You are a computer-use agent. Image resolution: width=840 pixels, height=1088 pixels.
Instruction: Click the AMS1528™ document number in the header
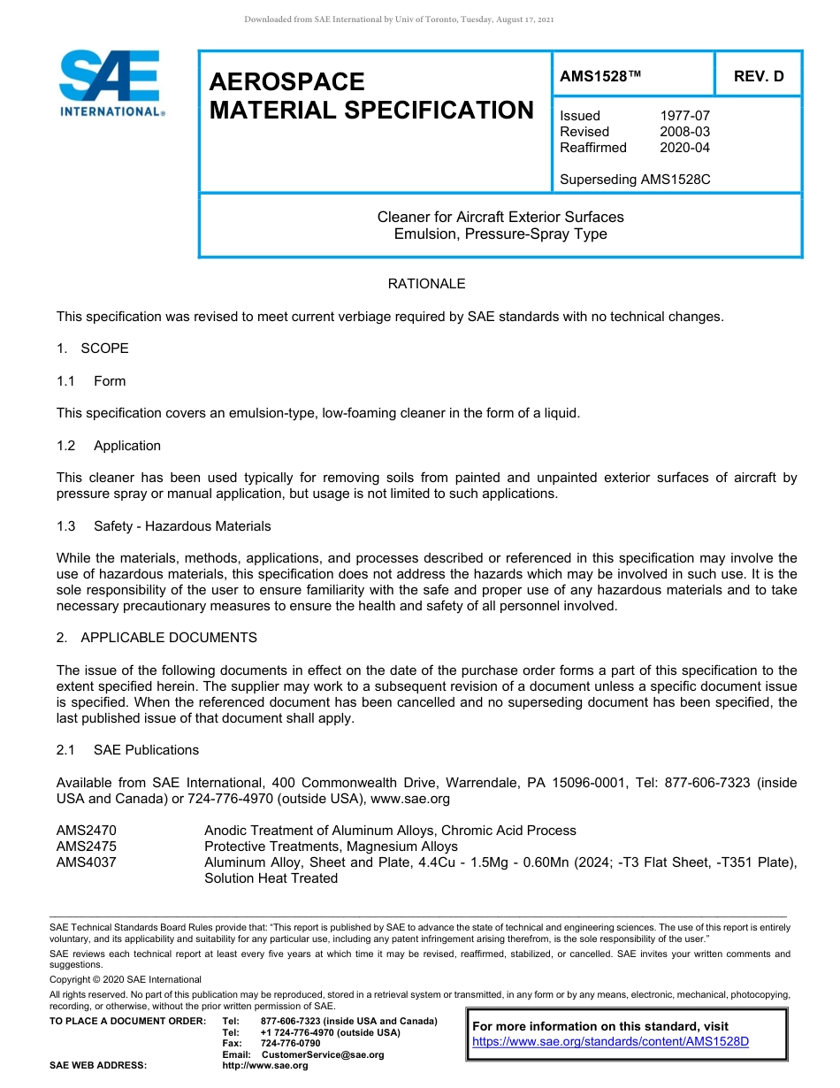point(599,77)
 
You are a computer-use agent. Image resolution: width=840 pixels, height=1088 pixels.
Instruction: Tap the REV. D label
point(759,77)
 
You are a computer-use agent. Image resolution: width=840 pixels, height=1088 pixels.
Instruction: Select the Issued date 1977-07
point(684,116)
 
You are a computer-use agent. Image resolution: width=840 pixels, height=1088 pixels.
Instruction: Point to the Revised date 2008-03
point(684,132)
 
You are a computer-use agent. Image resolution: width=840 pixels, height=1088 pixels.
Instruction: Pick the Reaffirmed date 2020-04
point(684,148)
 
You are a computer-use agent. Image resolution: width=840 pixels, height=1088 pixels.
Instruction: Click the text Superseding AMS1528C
point(635,180)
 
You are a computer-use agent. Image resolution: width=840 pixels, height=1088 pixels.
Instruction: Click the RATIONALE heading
point(426,284)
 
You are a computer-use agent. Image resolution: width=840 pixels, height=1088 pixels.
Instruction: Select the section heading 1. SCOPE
point(93,349)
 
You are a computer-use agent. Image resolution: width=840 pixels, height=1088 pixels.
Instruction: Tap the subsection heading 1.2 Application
point(109,446)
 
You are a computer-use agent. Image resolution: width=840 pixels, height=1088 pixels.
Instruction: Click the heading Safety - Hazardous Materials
point(182,526)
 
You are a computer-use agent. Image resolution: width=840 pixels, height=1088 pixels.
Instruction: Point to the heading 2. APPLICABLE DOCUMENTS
point(157,638)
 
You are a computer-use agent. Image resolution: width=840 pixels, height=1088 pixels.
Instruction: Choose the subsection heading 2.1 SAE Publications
point(128,750)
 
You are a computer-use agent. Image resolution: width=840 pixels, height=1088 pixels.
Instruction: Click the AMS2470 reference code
point(87,831)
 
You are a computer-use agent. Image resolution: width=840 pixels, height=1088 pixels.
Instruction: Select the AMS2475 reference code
point(87,847)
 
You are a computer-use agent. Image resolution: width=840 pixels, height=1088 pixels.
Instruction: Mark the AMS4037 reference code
point(87,862)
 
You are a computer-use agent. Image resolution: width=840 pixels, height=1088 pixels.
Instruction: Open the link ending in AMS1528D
point(610,1042)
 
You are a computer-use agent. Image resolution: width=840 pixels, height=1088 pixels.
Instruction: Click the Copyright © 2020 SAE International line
point(126,979)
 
